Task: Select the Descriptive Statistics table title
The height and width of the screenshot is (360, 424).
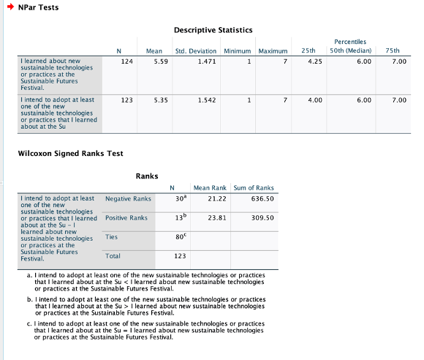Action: (213, 30)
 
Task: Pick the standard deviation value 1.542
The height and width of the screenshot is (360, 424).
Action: (207, 99)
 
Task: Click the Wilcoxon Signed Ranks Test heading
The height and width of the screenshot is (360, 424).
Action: (60, 153)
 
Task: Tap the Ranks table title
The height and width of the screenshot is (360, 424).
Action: (148, 176)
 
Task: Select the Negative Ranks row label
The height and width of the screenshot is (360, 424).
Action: (128, 198)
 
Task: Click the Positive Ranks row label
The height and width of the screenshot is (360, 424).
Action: (126, 217)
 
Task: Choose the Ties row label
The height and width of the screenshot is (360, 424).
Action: (111, 236)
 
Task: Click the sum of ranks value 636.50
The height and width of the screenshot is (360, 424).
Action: (261, 198)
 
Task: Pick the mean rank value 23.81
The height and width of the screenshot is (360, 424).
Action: (217, 217)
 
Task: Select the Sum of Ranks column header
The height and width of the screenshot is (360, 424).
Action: (254, 188)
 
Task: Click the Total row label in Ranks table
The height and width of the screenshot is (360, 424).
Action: (113, 255)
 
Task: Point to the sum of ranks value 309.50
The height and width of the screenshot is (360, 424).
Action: (261, 217)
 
